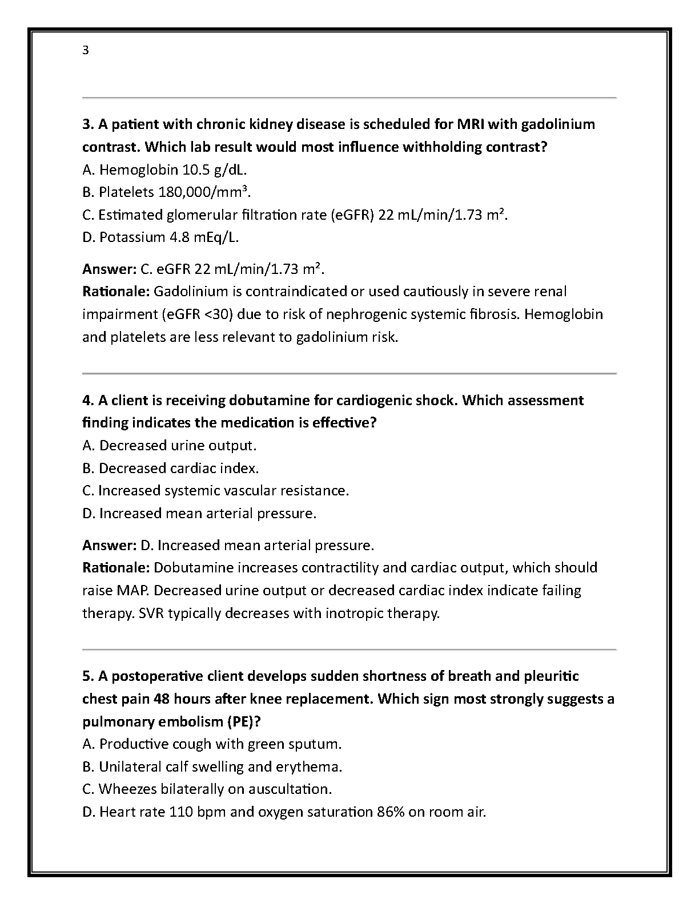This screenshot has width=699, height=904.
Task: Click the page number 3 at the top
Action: pyautogui.click(x=86, y=50)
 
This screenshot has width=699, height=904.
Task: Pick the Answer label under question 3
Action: pyautogui.click(x=109, y=269)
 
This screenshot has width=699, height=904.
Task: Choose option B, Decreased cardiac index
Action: pyautogui.click(x=171, y=468)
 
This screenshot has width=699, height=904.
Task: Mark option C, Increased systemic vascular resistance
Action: pyautogui.click(x=215, y=490)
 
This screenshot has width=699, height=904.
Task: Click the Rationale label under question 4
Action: pyautogui.click(x=116, y=568)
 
